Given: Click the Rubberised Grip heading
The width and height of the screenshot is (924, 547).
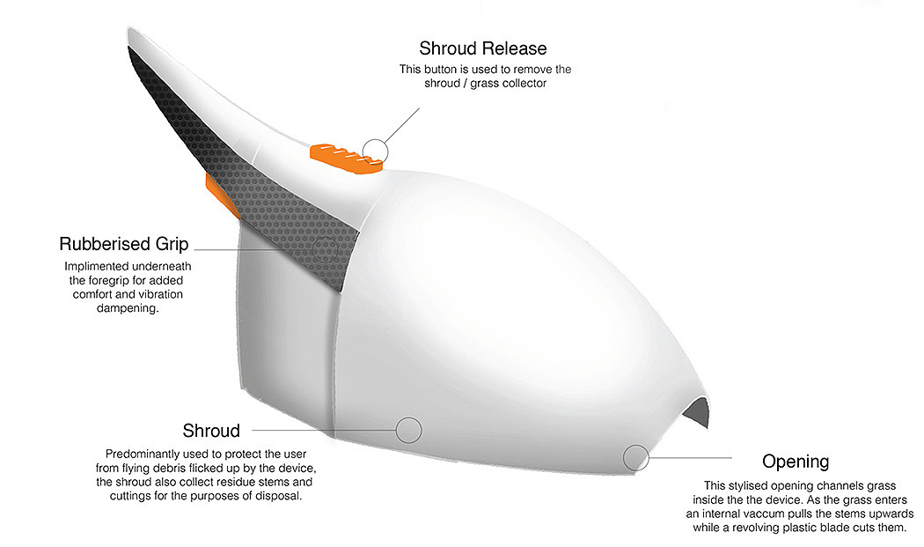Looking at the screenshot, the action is pos(124,244).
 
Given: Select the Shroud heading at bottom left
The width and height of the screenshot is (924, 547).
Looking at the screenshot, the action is pos(211,431).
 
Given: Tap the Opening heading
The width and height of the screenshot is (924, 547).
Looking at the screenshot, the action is pos(796,462).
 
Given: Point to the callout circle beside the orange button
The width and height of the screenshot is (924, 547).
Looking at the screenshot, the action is pos(376,151).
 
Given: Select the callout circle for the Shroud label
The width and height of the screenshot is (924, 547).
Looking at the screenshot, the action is pos(408,430).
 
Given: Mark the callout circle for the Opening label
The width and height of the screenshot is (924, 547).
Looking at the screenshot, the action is pos(635,457).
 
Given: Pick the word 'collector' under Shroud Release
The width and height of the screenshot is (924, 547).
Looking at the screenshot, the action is pos(521,84).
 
